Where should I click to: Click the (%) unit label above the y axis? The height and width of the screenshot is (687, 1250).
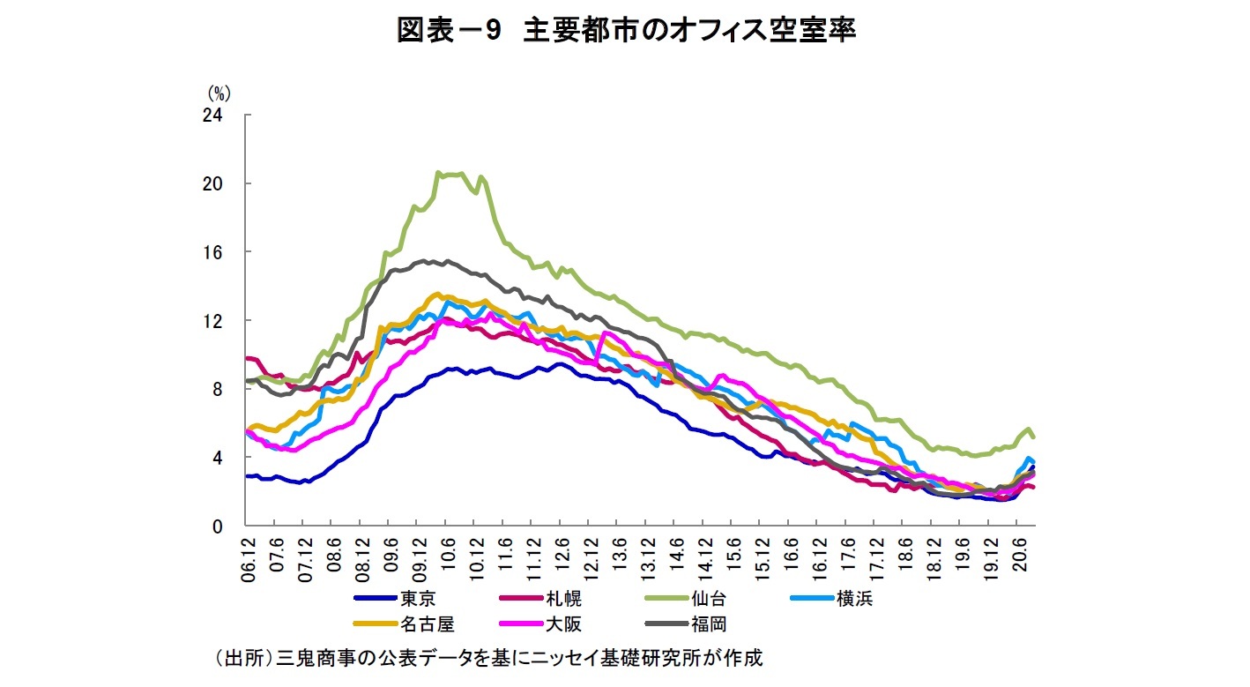point(219,92)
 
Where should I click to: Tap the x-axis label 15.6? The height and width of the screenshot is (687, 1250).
point(733,555)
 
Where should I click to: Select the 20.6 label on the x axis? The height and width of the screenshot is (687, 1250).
point(1020,555)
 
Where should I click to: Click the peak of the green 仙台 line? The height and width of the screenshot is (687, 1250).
point(439,173)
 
